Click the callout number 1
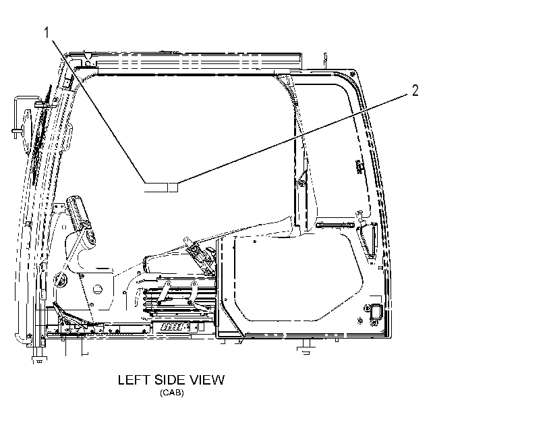(x=47, y=33)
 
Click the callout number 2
(x=415, y=90)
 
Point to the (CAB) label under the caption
(x=171, y=393)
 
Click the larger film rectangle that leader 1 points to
(x=156, y=187)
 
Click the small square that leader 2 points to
(x=173, y=187)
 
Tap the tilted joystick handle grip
(x=79, y=212)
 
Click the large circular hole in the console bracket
(x=97, y=289)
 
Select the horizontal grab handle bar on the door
(x=335, y=225)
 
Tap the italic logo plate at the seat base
(x=173, y=327)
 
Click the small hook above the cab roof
(x=326, y=59)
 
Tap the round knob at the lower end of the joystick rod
(x=59, y=280)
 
